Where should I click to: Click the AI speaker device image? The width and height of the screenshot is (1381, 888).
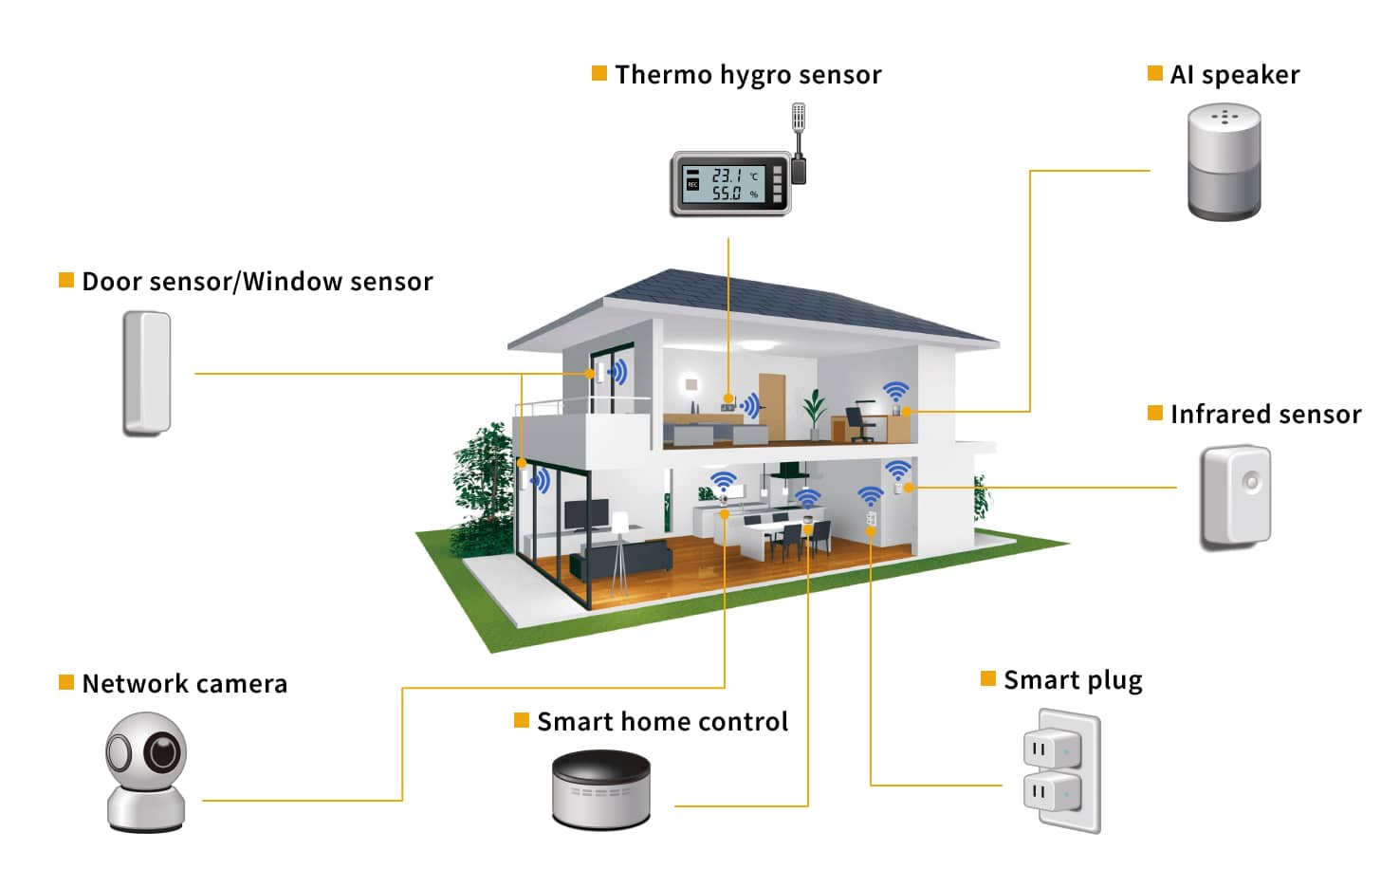click(x=1224, y=162)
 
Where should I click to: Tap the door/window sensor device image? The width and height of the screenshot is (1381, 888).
click(x=147, y=374)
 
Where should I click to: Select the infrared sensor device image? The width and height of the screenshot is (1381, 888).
click(x=1235, y=496)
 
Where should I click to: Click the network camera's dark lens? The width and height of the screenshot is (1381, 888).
click(x=163, y=752)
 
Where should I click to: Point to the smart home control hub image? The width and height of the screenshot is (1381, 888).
click(x=601, y=789)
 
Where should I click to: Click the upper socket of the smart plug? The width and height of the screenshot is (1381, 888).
click(x=1051, y=750)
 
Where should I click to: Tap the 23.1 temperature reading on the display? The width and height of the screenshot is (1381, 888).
click(x=727, y=176)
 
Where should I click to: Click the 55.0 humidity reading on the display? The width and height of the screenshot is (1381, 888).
click(x=727, y=194)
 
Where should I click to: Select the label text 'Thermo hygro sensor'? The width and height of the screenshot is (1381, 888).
click(x=747, y=75)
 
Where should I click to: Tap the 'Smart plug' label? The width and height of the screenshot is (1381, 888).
click(x=1073, y=680)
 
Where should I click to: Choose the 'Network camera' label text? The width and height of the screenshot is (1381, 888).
click(x=185, y=684)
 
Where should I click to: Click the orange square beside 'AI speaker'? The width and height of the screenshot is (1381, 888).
click(x=1155, y=74)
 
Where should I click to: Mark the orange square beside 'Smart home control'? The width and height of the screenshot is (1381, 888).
click(x=522, y=721)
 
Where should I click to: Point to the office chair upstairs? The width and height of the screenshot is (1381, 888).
click(x=859, y=423)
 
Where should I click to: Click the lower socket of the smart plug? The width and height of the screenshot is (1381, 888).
click(x=1051, y=790)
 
